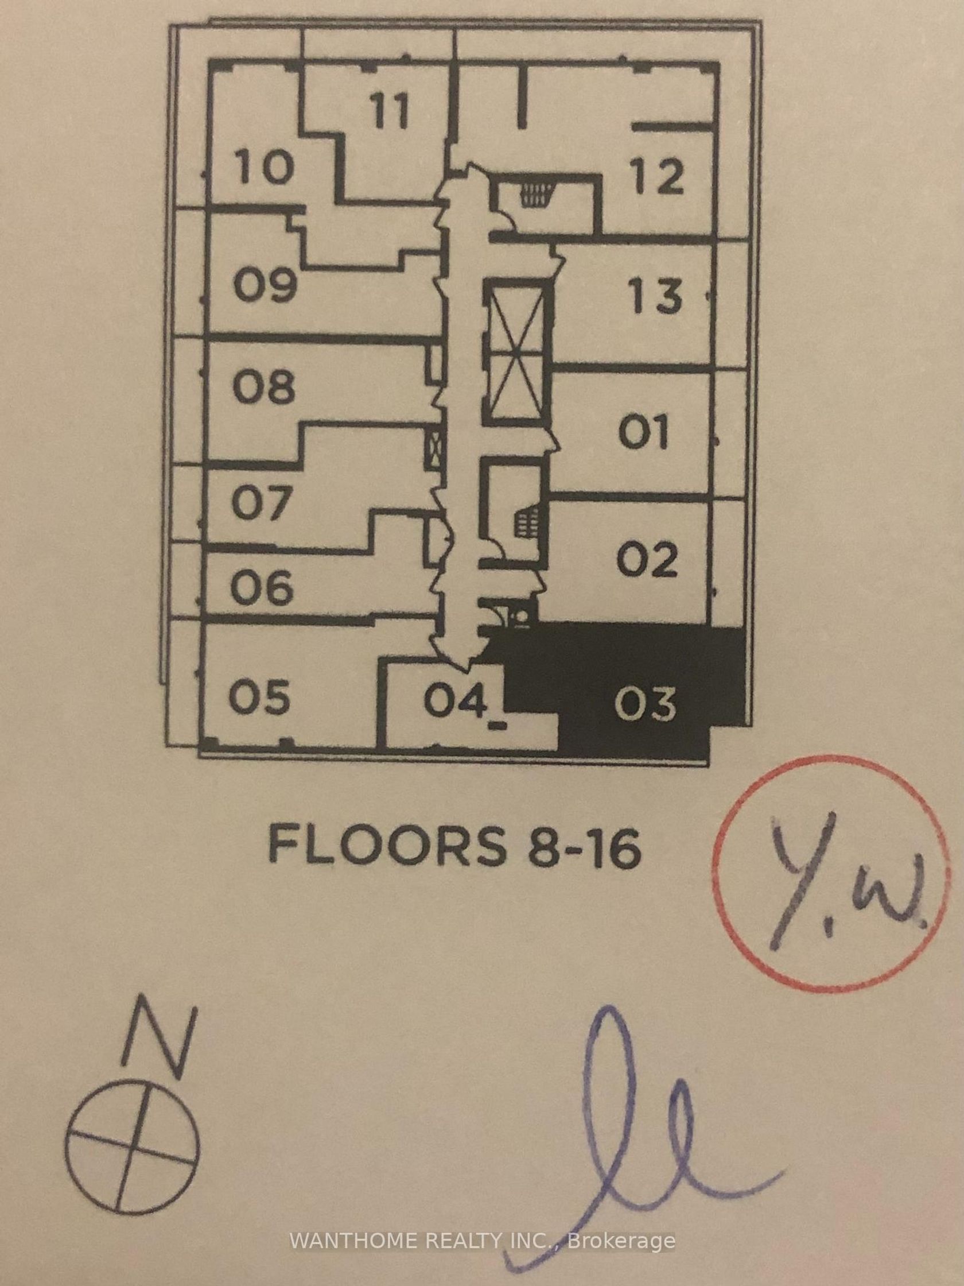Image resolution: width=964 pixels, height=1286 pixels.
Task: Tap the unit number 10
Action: [265, 166]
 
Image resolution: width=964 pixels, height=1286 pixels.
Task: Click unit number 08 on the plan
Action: [264, 387]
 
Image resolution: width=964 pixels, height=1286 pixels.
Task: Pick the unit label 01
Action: [644, 433]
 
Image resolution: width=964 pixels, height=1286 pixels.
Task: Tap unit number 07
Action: [261, 503]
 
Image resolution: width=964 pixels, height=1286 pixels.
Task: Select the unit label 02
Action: [647, 559]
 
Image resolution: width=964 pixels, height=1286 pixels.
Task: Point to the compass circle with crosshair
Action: [133, 1136]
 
